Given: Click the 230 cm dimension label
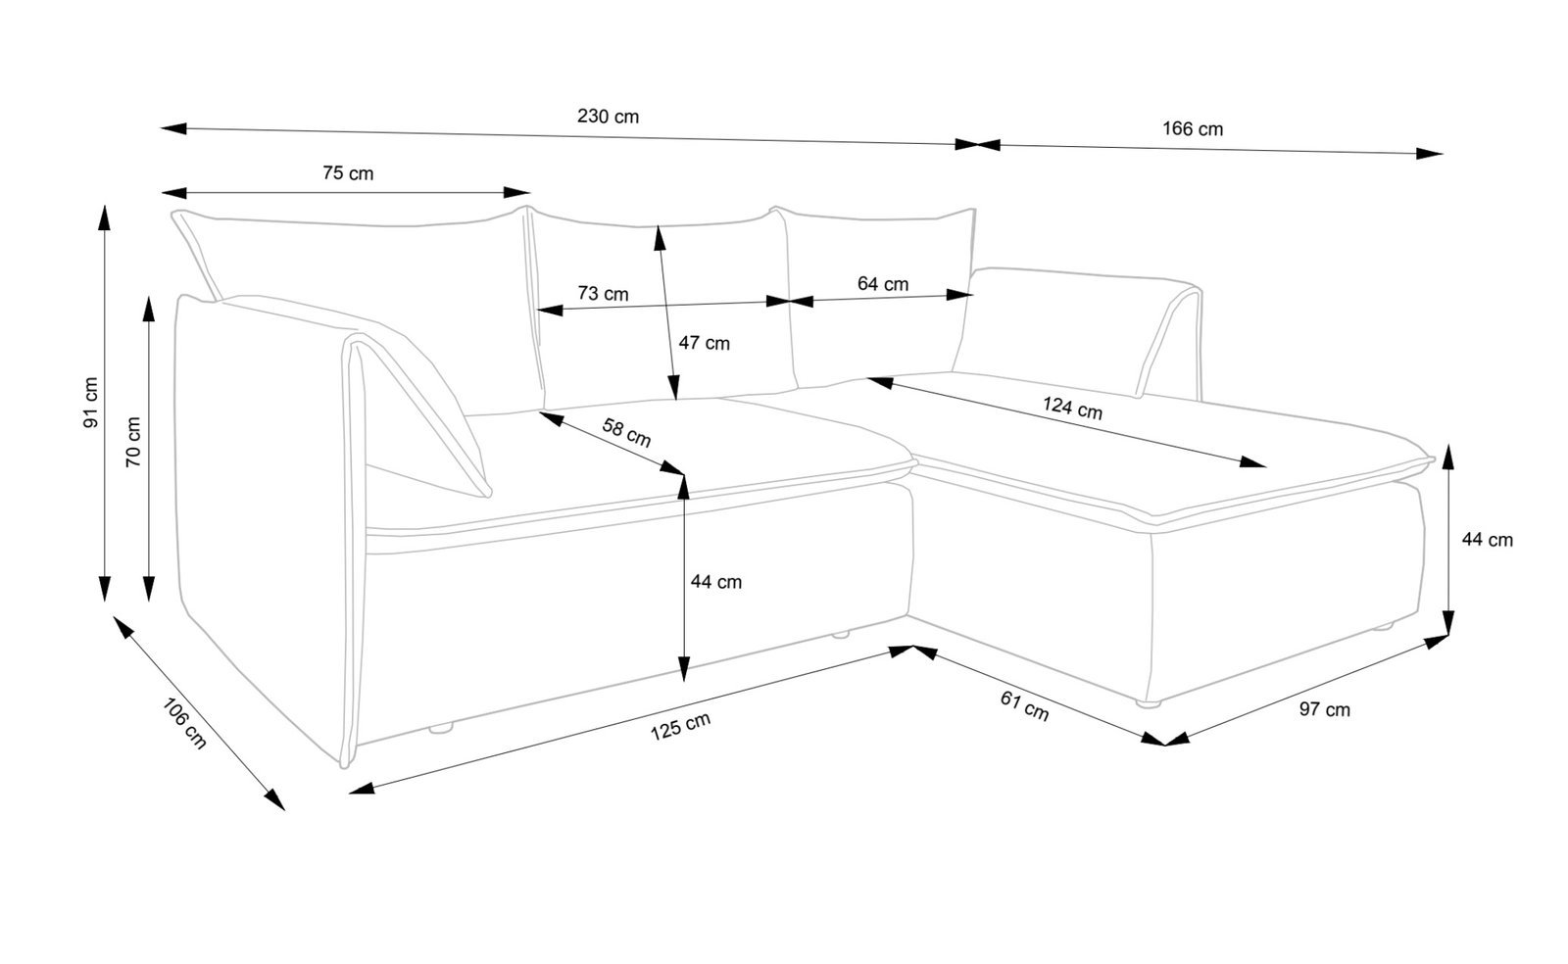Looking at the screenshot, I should click(x=608, y=117).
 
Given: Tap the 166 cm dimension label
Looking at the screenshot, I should click(x=1193, y=128).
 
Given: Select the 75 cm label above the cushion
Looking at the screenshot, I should click(x=348, y=174).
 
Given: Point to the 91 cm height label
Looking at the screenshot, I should click(x=91, y=403).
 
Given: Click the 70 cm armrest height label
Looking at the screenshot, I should click(x=134, y=442).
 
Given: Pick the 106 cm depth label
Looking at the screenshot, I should click(x=184, y=724).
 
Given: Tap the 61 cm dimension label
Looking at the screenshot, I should click(x=1024, y=705).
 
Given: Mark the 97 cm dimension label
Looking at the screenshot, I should click(x=1324, y=709).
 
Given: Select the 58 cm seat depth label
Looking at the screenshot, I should click(x=626, y=432).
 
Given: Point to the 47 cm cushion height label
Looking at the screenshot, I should click(x=705, y=344).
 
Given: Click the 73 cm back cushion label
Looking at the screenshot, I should click(x=603, y=293).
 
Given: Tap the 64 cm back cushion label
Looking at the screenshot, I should click(x=882, y=284).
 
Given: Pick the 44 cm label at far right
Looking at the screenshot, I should click(x=1487, y=540).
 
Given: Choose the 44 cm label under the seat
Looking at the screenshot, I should click(x=716, y=582).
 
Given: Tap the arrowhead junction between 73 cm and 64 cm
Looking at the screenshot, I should click(x=790, y=302).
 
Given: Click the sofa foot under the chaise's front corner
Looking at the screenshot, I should click(x=1149, y=702).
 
